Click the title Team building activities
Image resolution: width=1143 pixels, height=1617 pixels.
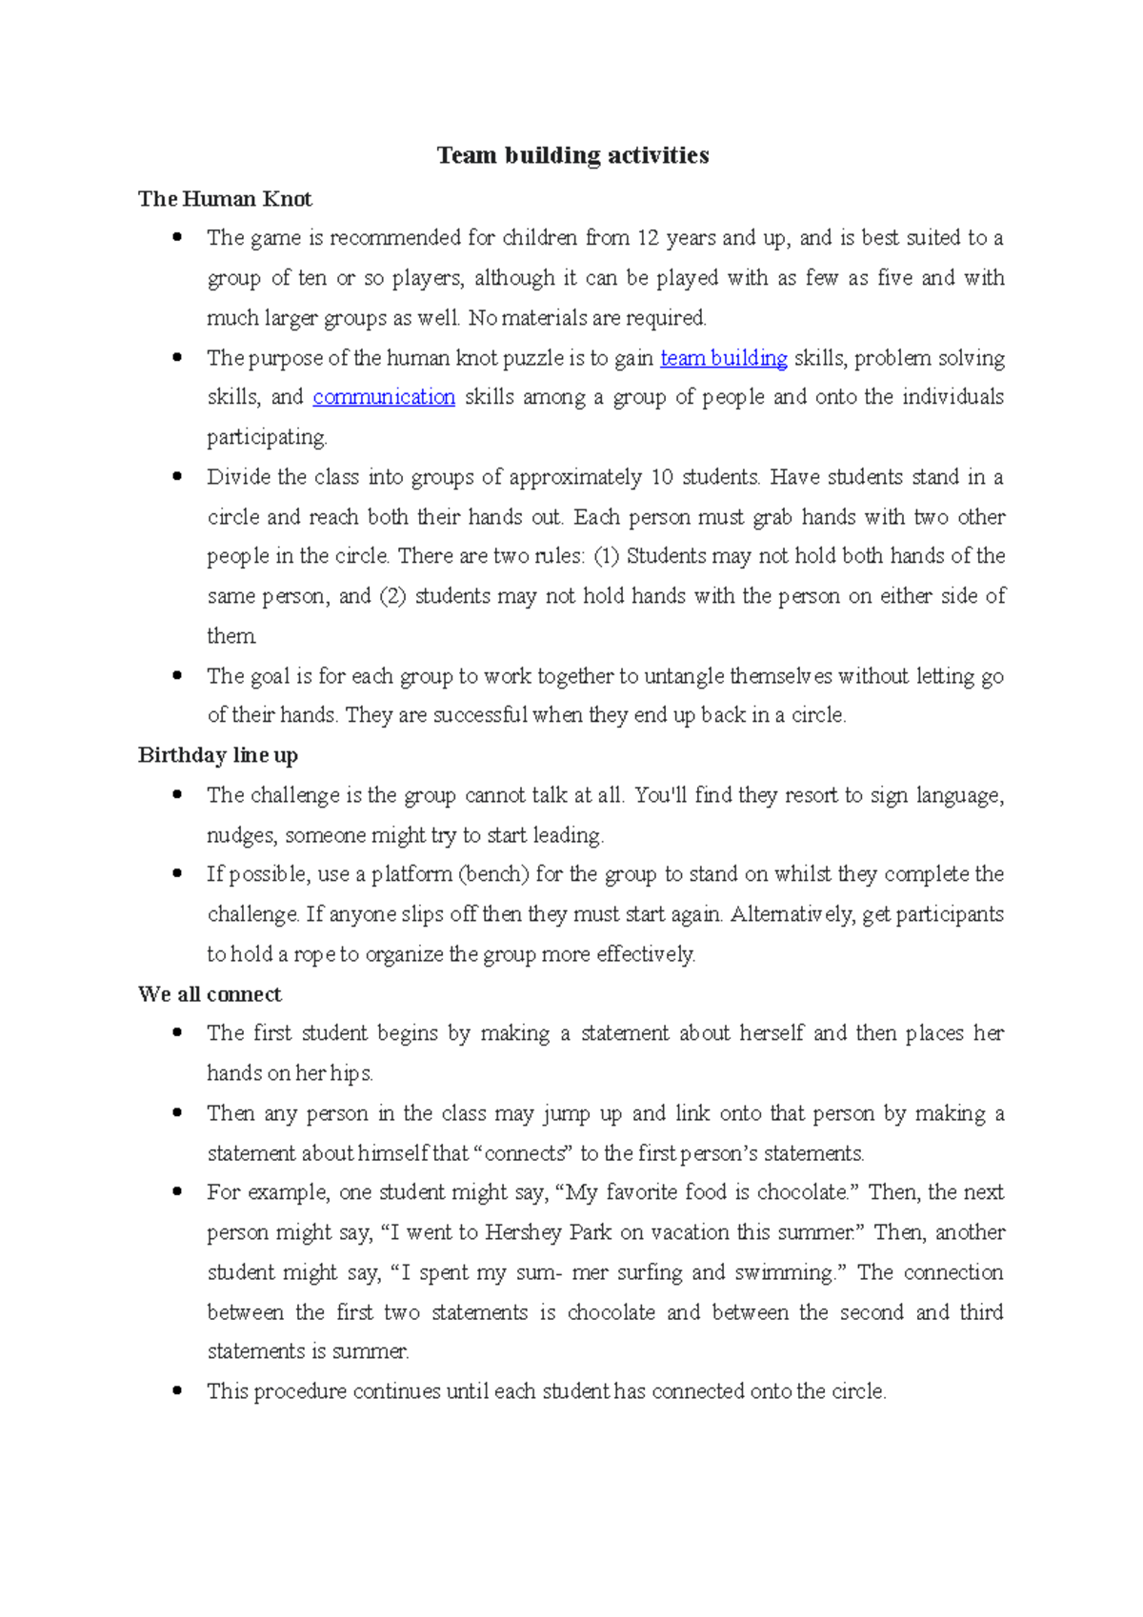(572, 155)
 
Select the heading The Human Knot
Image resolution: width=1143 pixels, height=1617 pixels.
(225, 199)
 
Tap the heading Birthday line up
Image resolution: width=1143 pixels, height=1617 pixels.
(218, 755)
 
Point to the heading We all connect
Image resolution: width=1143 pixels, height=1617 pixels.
(210, 994)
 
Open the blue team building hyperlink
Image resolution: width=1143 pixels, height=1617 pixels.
(724, 358)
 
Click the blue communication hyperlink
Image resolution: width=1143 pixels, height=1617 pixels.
(384, 397)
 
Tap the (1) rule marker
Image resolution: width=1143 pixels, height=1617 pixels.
(607, 556)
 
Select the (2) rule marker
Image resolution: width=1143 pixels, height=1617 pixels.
(392, 596)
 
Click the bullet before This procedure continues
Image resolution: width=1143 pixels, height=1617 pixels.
(177, 1390)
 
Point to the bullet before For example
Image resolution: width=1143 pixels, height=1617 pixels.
(177, 1191)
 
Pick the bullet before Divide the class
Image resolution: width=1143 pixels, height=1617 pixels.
(177, 476)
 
